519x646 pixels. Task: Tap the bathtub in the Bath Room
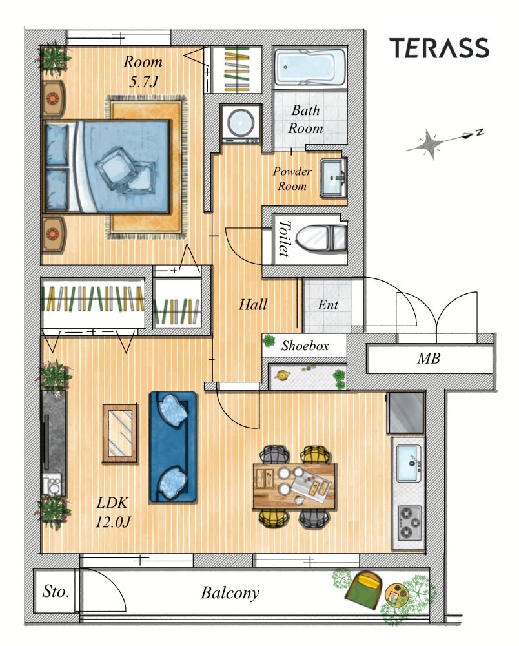(x=310, y=68)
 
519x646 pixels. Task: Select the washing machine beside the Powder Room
(x=241, y=123)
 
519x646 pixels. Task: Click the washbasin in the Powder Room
(x=333, y=178)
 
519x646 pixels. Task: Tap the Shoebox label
(x=305, y=346)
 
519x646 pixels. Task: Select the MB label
(x=429, y=359)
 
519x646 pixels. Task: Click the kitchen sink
(x=409, y=463)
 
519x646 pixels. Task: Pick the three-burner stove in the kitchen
(x=409, y=523)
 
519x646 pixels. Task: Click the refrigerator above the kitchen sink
(x=405, y=412)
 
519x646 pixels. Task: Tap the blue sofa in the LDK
(x=173, y=446)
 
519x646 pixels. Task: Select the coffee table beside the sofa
(x=120, y=433)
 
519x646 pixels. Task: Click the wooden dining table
(x=295, y=486)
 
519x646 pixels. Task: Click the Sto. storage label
(x=56, y=592)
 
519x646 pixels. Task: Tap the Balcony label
(x=230, y=593)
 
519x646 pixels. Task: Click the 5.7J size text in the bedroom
(x=143, y=81)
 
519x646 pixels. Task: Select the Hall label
(x=252, y=305)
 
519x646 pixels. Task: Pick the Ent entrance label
(x=328, y=305)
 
